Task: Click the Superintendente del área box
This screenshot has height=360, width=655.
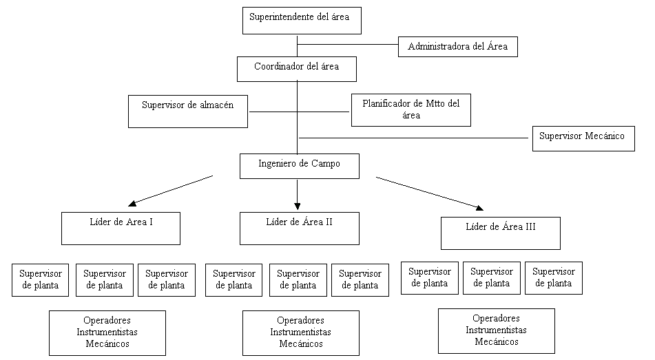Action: (302, 21)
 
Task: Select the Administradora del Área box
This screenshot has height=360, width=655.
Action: (458, 47)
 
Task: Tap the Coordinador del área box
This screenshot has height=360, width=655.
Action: (297, 69)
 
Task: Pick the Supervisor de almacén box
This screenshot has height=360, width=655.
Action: (188, 112)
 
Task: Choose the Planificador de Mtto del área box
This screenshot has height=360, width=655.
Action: (411, 110)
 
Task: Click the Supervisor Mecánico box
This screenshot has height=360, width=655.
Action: (583, 138)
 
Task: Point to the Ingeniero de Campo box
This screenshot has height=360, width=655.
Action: (300, 166)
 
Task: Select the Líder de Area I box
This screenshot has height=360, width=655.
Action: (121, 229)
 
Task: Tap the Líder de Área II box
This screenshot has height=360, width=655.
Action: (300, 229)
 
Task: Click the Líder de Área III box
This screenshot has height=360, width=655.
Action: (501, 233)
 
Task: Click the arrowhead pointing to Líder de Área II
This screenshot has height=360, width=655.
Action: (297, 206)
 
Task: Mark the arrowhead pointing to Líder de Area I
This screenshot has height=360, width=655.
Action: (132, 203)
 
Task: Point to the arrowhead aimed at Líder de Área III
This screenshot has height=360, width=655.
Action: (479, 208)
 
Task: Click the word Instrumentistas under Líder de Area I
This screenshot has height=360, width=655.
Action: (107, 332)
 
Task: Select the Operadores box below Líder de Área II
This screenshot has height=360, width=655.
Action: (301, 333)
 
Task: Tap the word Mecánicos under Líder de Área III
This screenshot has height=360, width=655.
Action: (497, 341)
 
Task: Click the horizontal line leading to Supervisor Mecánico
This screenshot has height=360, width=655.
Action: (413, 138)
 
